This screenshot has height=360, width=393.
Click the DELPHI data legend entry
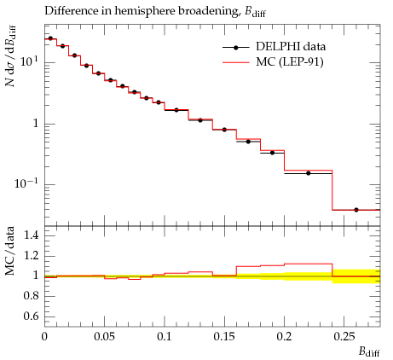(274, 47)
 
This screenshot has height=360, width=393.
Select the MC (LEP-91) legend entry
(273, 62)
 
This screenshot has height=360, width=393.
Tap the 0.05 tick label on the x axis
(104, 337)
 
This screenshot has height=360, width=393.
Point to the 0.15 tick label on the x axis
(224, 337)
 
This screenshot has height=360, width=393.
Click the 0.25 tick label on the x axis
(344, 337)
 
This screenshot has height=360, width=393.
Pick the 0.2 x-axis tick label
(285, 337)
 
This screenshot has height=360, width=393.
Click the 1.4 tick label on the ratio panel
(31, 235)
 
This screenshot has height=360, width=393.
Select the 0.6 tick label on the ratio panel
(31, 316)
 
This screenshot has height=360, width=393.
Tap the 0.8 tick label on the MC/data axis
(31, 296)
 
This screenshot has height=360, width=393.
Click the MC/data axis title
(10, 251)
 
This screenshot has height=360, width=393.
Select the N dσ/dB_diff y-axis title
(11, 55)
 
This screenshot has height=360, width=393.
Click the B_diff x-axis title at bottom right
(369, 351)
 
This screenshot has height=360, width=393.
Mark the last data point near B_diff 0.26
(356, 210)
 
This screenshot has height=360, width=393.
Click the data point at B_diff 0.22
(309, 173)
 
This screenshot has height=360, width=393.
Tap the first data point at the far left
(50, 38)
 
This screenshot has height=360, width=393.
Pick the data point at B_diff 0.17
(248, 142)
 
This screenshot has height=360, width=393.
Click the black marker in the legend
(235, 48)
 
